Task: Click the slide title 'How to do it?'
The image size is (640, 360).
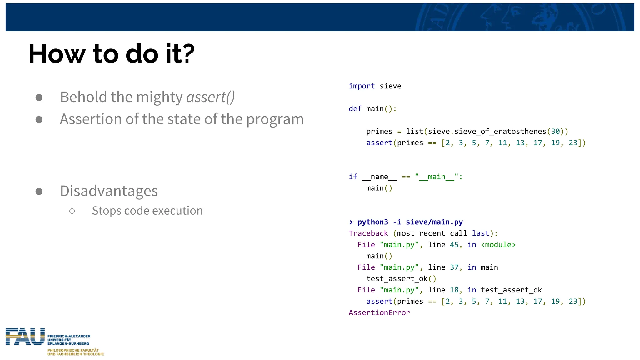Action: [x=111, y=54]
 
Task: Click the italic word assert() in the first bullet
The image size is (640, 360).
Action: [x=210, y=97]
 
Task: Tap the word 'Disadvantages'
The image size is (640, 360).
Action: [x=109, y=191]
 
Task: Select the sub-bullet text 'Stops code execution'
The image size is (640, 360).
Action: [x=147, y=211]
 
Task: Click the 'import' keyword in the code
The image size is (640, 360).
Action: [x=362, y=86]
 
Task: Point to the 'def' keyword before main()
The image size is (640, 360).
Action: [x=355, y=109]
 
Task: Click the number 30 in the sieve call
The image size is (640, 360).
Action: [x=555, y=132]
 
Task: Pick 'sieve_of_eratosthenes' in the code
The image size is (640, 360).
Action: [x=500, y=132]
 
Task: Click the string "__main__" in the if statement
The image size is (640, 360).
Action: [x=437, y=177]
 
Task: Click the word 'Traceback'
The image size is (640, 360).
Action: [x=368, y=233]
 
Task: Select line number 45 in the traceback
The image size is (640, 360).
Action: [x=454, y=245]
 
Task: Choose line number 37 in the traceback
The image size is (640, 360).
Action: [x=454, y=267]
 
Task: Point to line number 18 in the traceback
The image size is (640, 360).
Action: [x=454, y=290]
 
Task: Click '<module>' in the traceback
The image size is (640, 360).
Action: [x=498, y=245]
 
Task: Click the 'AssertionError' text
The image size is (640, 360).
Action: [x=379, y=313]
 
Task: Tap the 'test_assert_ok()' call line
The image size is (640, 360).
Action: [x=401, y=279]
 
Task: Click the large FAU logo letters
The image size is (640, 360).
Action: [x=25, y=337]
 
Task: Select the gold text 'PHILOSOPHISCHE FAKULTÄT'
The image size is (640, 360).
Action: [x=73, y=350]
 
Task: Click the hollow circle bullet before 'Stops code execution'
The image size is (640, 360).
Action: [x=72, y=211]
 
